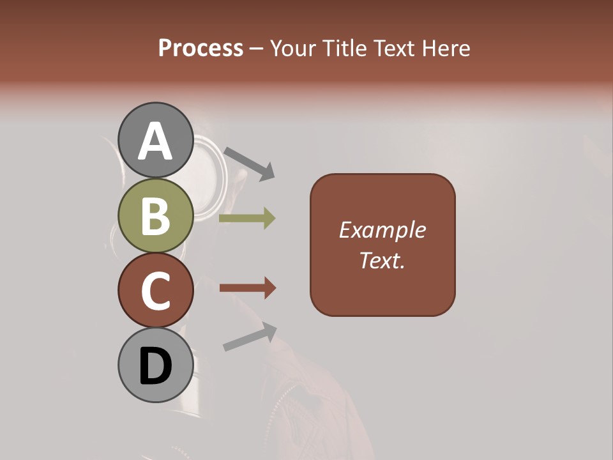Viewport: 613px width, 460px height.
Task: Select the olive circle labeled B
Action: click(x=156, y=216)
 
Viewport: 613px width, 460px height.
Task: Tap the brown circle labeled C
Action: click(x=156, y=290)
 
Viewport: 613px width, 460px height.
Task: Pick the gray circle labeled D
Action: click(x=156, y=365)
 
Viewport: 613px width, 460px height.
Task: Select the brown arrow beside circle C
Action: click(x=248, y=288)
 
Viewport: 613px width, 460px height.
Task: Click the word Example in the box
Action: click(x=382, y=230)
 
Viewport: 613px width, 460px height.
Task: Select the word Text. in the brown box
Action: click(x=382, y=260)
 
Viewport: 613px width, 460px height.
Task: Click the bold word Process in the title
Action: click(x=201, y=48)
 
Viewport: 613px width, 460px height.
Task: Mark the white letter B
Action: click(x=156, y=216)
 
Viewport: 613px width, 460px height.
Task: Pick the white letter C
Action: click(x=156, y=290)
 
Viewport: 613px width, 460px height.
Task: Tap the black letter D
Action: click(x=156, y=367)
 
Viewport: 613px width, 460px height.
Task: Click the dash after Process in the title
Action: click(x=257, y=49)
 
